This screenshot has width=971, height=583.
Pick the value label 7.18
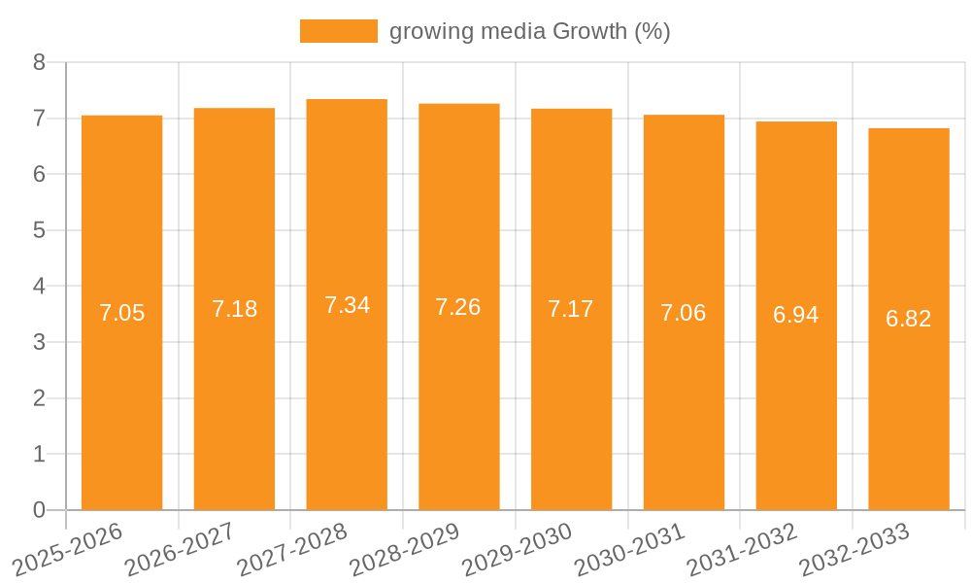pyautogui.click(x=234, y=309)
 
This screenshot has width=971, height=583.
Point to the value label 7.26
pyautogui.click(x=458, y=307)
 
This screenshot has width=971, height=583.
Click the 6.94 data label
pyautogui.click(x=796, y=315)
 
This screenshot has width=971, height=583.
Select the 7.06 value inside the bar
pyautogui.click(x=684, y=313)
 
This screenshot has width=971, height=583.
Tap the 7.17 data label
pyautogui.click(x=571, y=309)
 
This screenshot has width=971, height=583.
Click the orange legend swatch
pyautogui.click(x=338, y=31)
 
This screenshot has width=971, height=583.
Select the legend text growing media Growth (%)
pyautogui.click(x=529, y=31)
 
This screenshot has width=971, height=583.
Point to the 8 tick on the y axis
pyautogui.click(x=39, y=62)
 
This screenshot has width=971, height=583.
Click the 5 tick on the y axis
pyautogui.click(x=39, y=230)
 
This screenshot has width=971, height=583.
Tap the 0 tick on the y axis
pyautogui.click(x=39, y=510)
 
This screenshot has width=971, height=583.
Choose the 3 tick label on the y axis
pyautogui.click(x=39, y=342)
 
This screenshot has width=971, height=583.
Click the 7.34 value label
pyautogui.click(x=347, y=305)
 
